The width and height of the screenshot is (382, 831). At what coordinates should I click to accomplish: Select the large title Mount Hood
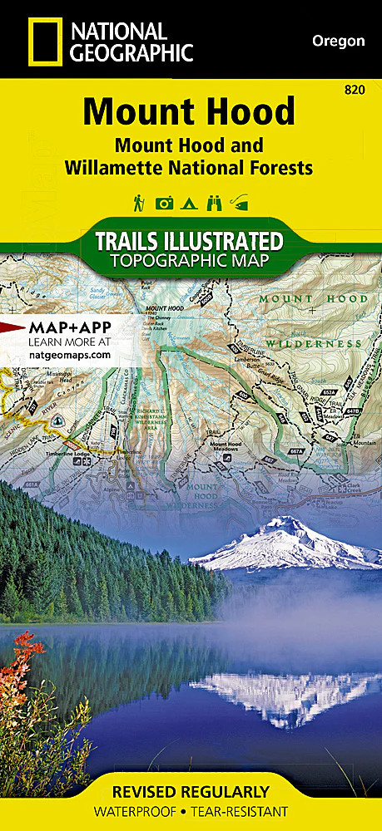coord(189,111)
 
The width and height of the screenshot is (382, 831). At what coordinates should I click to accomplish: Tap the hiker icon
coord(139,202)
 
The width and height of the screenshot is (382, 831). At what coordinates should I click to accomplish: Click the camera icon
coord(165,202)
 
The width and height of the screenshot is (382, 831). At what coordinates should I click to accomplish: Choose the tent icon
coord(190,202)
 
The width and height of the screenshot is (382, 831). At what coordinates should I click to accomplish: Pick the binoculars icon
coord(215,202)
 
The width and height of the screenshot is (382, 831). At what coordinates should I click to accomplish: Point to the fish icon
coord(241,202)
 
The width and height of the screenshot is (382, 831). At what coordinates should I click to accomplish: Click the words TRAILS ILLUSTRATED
coord(189,242)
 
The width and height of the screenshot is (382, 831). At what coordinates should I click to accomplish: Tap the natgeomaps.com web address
coord(70,354)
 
